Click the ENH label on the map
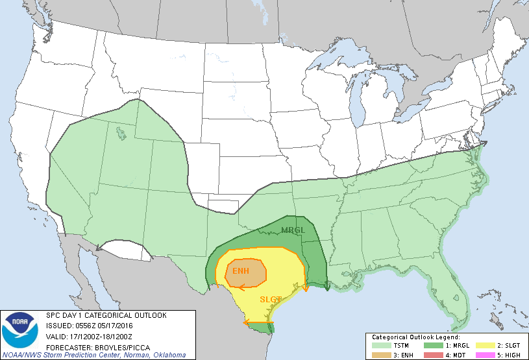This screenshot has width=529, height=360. click(241, 270)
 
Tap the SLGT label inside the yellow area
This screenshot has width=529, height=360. click(271, 299)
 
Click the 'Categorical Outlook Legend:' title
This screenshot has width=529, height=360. click(415, 337)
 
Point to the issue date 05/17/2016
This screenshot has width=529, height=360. click(115, 326)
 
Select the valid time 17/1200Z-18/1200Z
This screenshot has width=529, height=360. click(98, 336)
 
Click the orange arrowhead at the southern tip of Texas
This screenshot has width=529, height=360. click(246, 322)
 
